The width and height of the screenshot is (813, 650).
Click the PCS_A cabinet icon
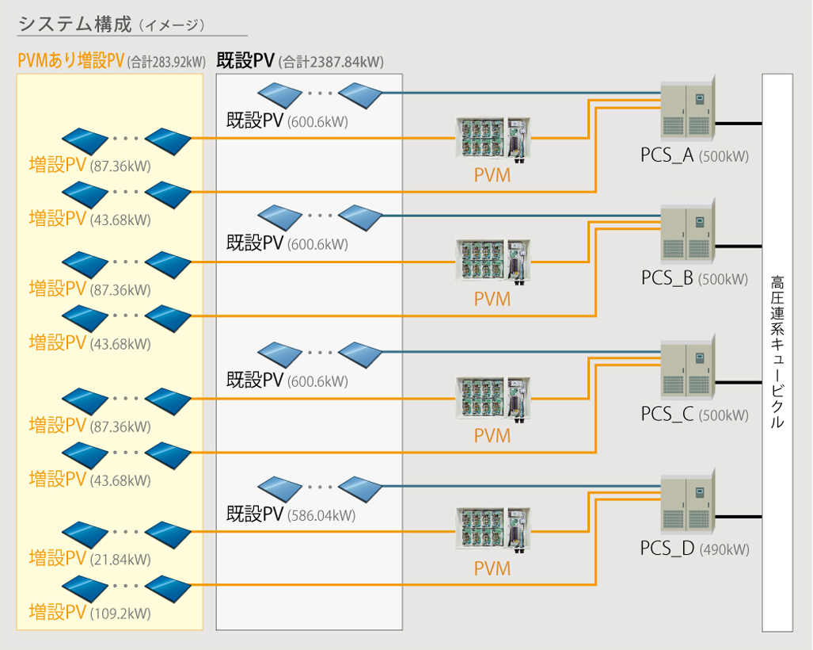(x=687, y=111)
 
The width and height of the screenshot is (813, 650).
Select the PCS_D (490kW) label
(x=694, y=549)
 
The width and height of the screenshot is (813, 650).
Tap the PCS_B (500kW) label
(x=694, y=278)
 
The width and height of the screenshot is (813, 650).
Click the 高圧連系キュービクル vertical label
(x=777, y=352)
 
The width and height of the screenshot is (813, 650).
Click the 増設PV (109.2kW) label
(x=89, y=613)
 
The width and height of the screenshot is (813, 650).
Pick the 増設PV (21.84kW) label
(x=89, y=559)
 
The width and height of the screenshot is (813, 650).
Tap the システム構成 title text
(x=74, y=24)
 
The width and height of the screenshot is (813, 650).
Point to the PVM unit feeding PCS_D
(x=492, y=530)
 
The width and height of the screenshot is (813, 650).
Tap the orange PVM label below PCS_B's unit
(x=492, y=300)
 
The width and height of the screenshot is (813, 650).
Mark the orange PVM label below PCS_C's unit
(x=492, y=435)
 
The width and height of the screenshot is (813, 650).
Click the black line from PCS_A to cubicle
(x=739, y=124)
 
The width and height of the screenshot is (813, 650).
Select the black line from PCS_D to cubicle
(x=739, y=517)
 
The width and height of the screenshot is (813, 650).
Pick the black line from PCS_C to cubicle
(x=739, y=382)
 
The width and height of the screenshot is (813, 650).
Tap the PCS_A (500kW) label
(x=694, y=156)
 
